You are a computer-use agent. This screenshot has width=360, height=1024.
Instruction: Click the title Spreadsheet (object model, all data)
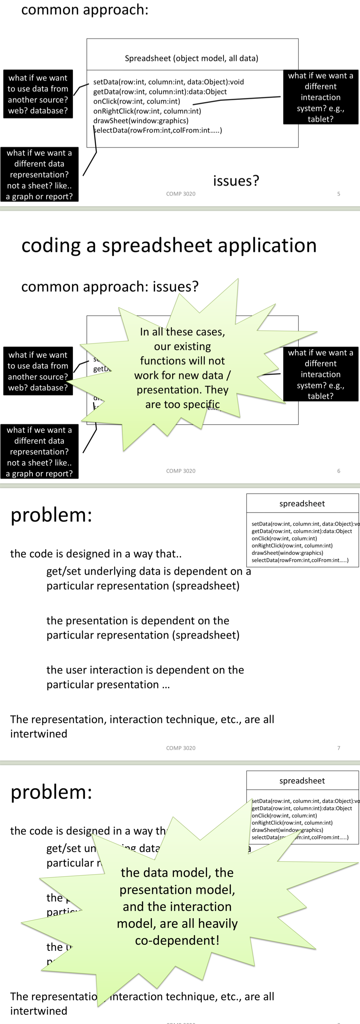(191, 58)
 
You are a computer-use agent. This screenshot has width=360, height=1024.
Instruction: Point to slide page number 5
(339, 194)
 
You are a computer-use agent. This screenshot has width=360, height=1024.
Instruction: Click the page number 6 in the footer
(339, 471)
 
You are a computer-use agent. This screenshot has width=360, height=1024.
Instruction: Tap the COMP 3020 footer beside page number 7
(181, 748)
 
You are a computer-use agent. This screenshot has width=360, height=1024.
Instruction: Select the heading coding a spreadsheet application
(169, 245)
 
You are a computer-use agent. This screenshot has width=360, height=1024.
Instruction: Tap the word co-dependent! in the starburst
(177, 940)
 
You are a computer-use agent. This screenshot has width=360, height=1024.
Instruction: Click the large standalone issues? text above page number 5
(236, 181)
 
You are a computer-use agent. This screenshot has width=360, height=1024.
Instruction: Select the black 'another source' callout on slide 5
(38, 94)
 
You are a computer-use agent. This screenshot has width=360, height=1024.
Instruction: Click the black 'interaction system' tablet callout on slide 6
(320, 374)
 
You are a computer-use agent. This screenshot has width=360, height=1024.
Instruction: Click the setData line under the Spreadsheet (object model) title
(169, 82)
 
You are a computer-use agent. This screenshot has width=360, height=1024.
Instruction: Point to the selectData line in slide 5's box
(158, 130)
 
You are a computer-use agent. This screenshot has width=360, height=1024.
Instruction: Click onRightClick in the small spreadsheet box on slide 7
(292, 545)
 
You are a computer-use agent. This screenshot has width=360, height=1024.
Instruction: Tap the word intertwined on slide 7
(38, 734)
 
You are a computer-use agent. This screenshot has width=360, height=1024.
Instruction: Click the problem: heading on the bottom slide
(51, 792)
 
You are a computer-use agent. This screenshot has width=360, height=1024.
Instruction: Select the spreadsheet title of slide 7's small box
(302, 504)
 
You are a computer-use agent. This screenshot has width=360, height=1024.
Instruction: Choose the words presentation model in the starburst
(177, 890)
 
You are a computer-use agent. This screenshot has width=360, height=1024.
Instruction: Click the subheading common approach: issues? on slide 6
(110, 287)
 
